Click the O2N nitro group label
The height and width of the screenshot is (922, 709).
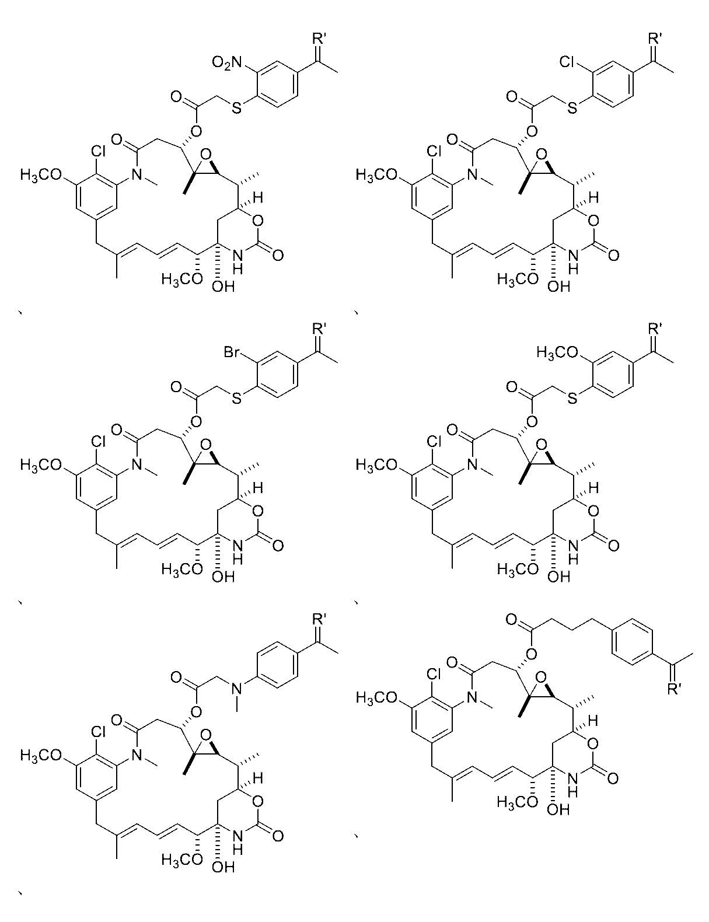tap(226, 62)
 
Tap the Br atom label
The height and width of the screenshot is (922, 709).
tap(232, 352)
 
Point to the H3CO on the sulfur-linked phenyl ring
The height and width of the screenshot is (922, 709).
tap(557, 352)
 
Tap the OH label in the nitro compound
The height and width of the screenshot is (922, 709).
tap(223, 287)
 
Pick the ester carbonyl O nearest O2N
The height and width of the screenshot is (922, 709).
tap(176, 97)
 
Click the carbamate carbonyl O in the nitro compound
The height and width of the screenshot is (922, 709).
tap(278, 255)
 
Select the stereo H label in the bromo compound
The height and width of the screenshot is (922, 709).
tap(257, 487)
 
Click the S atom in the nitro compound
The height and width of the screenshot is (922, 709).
tap(236, 108)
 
